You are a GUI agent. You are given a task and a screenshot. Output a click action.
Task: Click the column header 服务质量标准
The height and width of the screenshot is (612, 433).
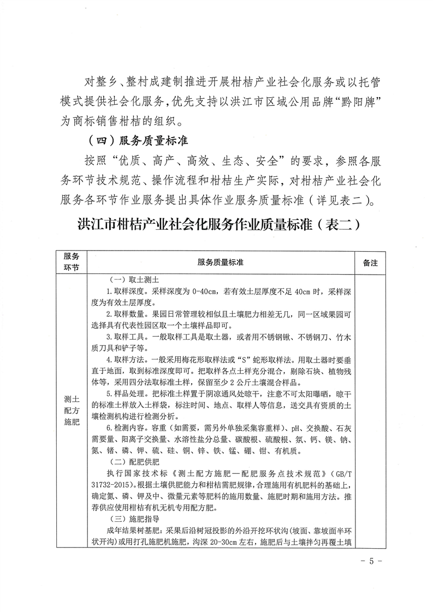point(221,263)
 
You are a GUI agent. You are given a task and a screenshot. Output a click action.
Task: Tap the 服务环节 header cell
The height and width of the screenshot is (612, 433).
point(71,263)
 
